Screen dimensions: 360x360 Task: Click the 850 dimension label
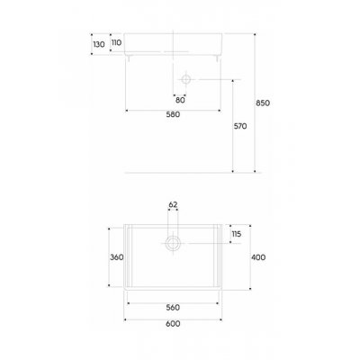263,103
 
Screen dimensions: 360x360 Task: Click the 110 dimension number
116,42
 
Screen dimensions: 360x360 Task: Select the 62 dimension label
173,204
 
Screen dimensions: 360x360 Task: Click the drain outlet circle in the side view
184,81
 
